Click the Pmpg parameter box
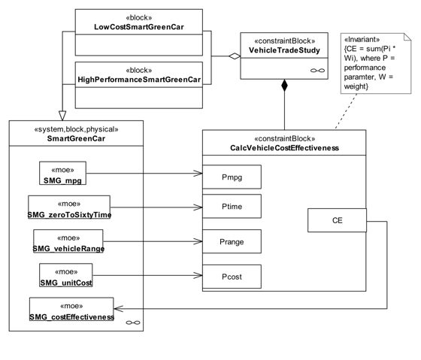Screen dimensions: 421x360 coord(232,177)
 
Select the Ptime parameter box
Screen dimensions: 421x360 coord(232,206)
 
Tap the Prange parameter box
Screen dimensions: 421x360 coord(232,241)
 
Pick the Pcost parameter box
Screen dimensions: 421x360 coord(232,277)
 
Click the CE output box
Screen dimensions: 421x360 coord(337,220)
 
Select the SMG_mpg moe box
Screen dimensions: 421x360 coord(62,173)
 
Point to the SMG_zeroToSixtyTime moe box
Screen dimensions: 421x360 coord(69,207)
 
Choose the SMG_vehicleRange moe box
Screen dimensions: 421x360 coord(68,241)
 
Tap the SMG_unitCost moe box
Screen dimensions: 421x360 coord(66,275)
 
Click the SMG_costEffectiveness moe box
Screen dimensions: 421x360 coord(71,309)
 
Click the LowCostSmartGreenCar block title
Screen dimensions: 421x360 coord(139,27)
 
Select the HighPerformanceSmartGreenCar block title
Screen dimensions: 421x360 coord(139,80)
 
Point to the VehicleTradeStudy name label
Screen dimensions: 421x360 coord(284,50)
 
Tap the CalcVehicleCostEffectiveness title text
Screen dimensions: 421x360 coord(285,148)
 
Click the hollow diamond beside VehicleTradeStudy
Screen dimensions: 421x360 coord(235,56)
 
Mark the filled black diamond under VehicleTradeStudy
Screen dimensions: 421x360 coord(284,86)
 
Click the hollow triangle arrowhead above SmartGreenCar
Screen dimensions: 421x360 coord(62,116)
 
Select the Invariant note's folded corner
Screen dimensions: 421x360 coord(407,37)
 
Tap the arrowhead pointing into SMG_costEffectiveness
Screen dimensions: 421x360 coord(119,309)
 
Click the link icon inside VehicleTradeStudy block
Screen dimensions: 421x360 coord(317,71)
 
